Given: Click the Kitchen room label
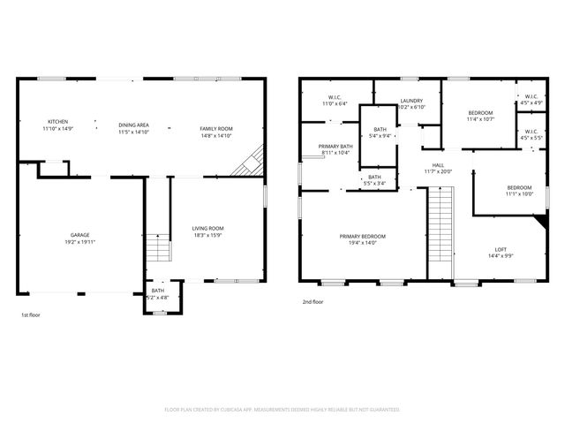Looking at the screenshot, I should (57, 121).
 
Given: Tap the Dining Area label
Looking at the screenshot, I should (132, 126).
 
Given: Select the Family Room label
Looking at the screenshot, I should (215, 129).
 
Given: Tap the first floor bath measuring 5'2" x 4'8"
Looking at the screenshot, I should (157, 293).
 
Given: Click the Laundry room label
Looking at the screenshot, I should (412, 101).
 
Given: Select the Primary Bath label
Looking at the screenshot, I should (335, 147).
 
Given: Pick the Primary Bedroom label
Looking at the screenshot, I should (363, 236).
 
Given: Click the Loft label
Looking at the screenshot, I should (500, 249).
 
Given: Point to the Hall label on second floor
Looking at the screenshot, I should (437, 164).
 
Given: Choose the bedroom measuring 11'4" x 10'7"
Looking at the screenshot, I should (480, 113).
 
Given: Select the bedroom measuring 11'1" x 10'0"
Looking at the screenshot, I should (519, 187).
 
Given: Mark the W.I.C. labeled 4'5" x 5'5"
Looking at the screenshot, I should (531, 133).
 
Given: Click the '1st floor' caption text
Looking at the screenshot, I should (31, 314).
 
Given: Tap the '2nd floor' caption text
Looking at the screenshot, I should (313, 301).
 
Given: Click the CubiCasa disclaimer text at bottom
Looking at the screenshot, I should (282, 410).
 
